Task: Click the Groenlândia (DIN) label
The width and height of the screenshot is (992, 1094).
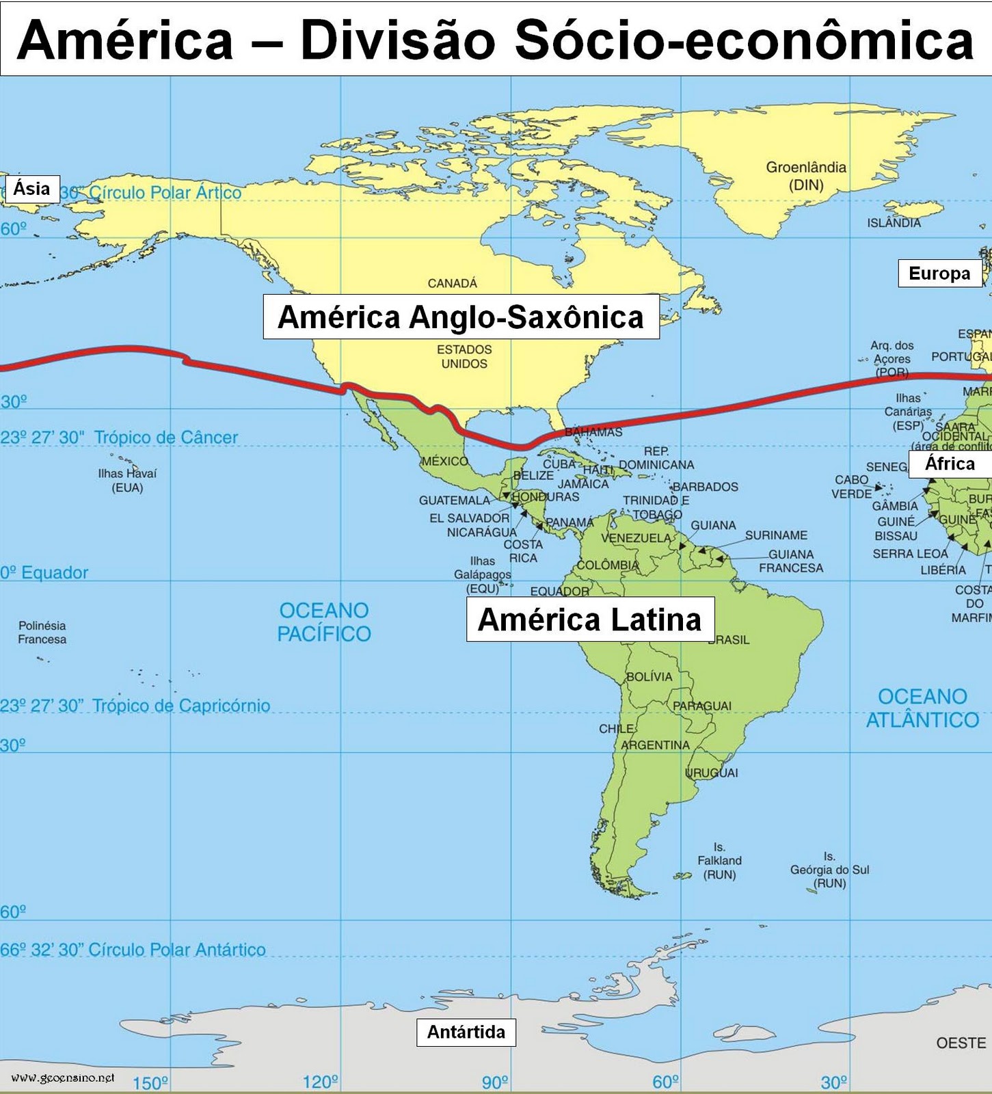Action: click(x=805, y=176)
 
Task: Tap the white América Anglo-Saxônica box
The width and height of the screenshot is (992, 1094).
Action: click(x=461, y=317)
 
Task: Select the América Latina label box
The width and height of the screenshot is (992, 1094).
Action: click(x=589, y=619)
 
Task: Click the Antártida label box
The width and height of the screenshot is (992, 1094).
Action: click(x=466, y=1032)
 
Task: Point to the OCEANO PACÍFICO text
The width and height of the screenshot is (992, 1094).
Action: click(x=323, y=622)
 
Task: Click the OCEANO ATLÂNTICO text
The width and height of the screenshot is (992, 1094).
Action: click(x=922, y=708)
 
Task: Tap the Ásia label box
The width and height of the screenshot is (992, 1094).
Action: click(x=31, y=188)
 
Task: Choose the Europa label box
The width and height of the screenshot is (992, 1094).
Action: click(x=939, y=273)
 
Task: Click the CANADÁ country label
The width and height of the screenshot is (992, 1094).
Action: click(x=452, y=283)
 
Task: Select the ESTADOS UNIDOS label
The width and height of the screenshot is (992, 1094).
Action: click(x=464, y=356)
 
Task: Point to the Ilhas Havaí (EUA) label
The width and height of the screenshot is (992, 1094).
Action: click(x=127, y=480)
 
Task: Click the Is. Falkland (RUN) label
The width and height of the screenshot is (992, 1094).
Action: click(x=719, y=861)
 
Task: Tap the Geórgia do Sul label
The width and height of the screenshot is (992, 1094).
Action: click(x=829, y=870)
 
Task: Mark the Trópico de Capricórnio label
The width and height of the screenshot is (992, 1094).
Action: click(x=180, y=705)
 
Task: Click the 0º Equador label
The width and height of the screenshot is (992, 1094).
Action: click(x=44, y=572)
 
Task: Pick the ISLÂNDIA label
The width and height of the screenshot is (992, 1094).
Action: click(x=894, y=223)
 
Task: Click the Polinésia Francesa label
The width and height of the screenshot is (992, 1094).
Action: click(x=42, y=632)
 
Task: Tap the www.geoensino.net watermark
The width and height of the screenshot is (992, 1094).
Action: click(x=63, y=1078)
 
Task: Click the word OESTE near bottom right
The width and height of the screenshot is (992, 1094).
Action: click(x=961, y=1043)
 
